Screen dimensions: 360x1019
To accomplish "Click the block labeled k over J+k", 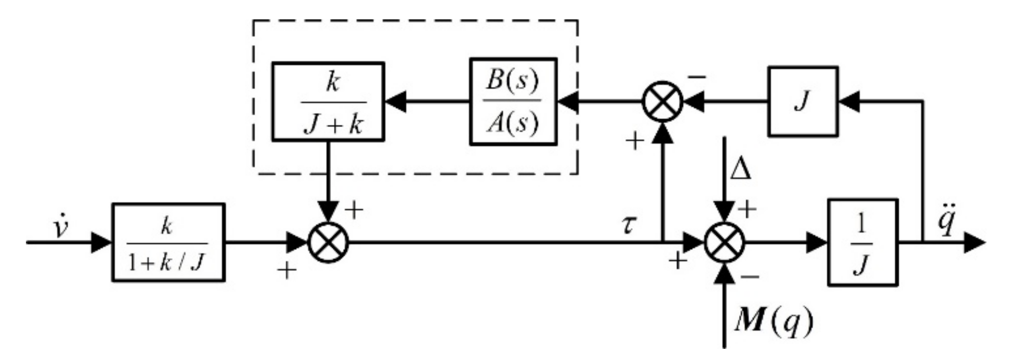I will (x=328, y=101).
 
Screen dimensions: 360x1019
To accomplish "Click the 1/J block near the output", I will (x=863, y=242).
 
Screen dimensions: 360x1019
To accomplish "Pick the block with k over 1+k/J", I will (x=168, y=242).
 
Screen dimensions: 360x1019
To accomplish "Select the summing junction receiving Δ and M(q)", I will (x=724, y=242).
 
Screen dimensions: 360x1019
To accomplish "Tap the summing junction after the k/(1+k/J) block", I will (x=328, y=242).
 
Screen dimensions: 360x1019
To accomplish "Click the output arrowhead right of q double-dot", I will (x=974, y=242).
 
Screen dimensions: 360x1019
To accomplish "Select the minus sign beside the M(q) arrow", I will (x=749, y=276).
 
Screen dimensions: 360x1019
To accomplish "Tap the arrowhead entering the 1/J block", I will (x=817, y=242).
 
